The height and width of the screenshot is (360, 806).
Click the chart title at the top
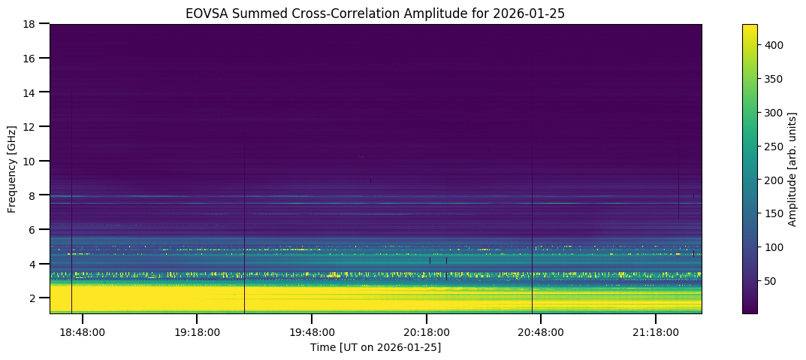coord(376,13)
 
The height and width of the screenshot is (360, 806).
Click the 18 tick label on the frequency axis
coord(34,24)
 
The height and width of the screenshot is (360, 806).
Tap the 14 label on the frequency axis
coord(34,92)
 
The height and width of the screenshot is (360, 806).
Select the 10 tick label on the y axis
coord(34,161)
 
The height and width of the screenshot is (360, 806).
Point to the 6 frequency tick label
coord(37,229)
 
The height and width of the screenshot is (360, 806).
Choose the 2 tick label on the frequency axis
coord(37,298)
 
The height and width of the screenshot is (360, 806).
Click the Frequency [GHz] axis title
coord(13,168)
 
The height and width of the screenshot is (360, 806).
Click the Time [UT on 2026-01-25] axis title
coord(376,347)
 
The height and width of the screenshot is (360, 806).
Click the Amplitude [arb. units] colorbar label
coord(792,168)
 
